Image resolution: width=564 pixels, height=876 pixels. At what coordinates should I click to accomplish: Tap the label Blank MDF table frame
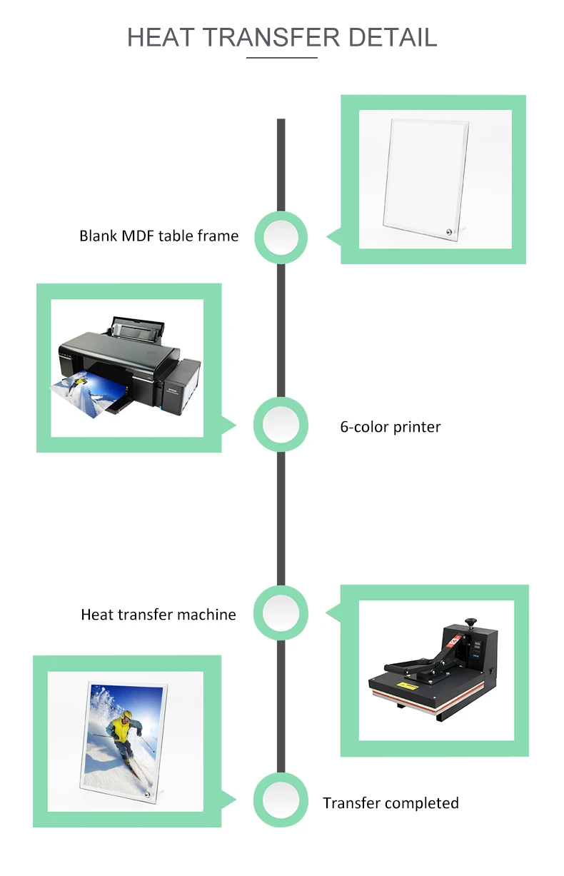pos(158,236)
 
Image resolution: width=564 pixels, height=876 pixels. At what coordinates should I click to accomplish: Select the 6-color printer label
pos(390,427)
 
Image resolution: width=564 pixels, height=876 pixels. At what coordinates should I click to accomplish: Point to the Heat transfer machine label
pos(158,614)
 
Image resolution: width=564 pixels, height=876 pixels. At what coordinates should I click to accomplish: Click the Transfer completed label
pos(390,803)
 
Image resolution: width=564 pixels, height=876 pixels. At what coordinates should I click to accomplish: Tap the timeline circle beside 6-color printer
pos(281,426)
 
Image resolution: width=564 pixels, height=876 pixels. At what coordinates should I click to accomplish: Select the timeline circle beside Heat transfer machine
pos(281,612)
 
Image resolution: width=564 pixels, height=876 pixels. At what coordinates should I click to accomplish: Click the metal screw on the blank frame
pos(448,232)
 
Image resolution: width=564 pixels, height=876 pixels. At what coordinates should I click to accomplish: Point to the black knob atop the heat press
pos(470,623)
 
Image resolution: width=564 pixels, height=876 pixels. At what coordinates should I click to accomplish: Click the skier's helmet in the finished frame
pos(126,715)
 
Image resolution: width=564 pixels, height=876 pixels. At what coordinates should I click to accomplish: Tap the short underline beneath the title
pos(281,57)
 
